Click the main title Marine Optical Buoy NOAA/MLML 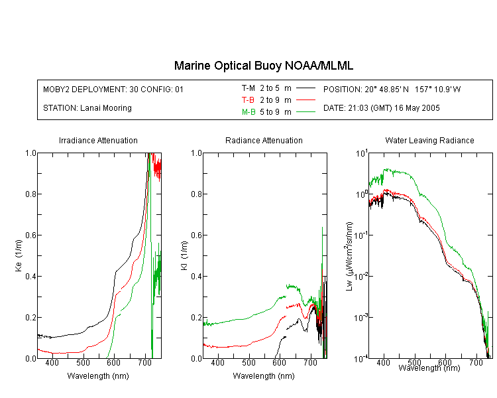coord(263,66)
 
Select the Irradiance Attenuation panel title coord(98,140)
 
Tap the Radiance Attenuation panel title coord(264,140)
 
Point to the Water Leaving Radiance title coord(429,140)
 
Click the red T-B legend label coord(248,100)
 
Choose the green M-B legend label coord(248,111)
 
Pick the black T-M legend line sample coord(305,88)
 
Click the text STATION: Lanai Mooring coord(87,108)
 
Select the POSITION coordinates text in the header coord(392,89)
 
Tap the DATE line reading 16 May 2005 coord(381,108)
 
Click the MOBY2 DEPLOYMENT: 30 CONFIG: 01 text coord(113,89)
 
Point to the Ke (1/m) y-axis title coord(19,255)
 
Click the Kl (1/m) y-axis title coord(184,255)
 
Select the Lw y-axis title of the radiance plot coord(349,256)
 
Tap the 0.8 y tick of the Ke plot coord(30,194)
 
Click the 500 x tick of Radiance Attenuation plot coord(248,362)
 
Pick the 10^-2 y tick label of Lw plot coord(361,275)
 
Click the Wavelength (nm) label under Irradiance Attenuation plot coord(98,376)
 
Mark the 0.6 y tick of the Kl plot coord(197,235)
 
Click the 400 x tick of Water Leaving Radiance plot coord(383,362)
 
